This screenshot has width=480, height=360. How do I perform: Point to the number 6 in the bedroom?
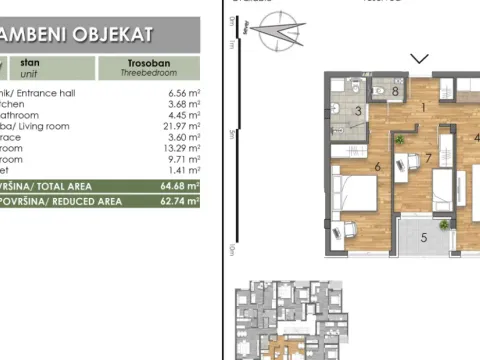click(376, 167)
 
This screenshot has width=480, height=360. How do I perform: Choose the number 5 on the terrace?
click(423, 237)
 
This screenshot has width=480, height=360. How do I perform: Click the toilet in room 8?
click(379, 92)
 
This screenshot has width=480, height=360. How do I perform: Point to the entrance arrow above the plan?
click(420, 59)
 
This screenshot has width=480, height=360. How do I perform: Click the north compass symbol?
click(277, 35)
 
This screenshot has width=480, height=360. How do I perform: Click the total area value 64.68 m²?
click(180, 184)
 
